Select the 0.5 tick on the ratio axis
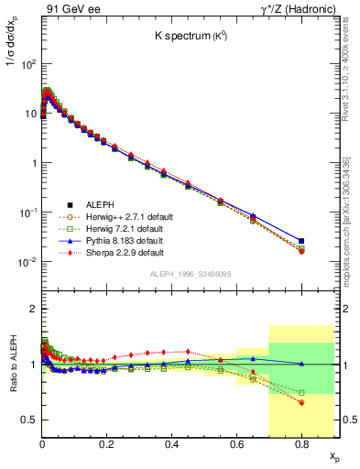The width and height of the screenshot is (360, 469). point(29,420)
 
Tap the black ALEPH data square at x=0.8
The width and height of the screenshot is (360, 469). point(301,241)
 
